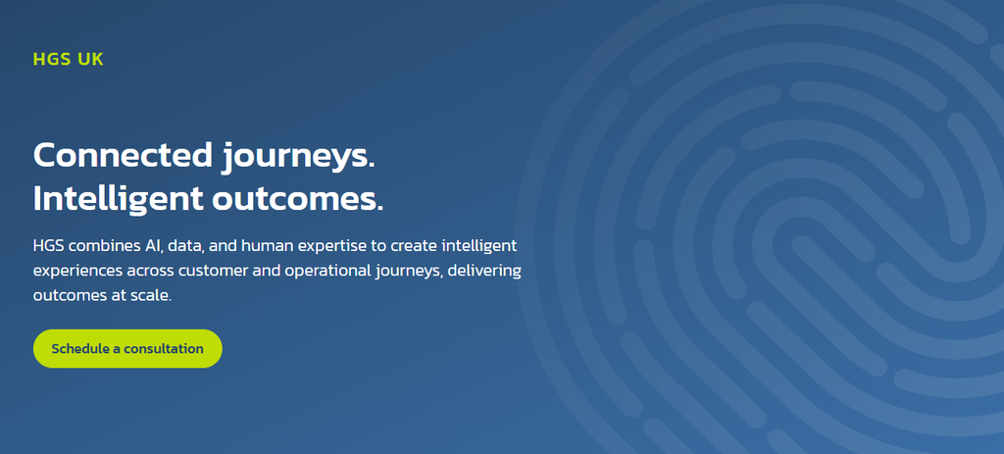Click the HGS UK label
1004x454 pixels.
pos(68,60)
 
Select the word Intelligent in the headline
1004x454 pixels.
pos(118,199)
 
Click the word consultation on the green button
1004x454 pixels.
pos(164,349)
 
